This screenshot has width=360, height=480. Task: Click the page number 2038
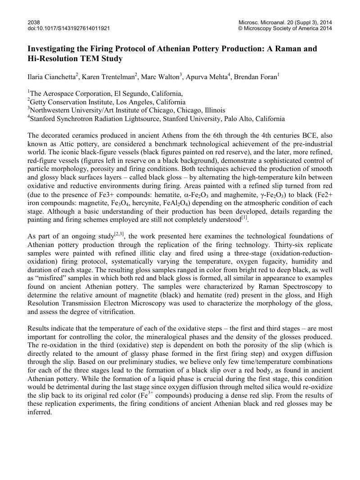click(x=34, y=22)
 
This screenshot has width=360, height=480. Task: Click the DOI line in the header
click(x=68, y=28)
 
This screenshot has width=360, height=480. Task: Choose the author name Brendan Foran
click(x=252, y=76)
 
